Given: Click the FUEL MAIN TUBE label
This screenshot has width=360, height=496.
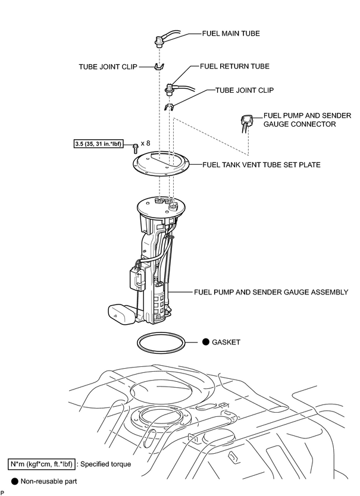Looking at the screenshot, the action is [231, 33].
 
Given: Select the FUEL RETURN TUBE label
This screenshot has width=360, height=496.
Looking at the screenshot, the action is [234, 67].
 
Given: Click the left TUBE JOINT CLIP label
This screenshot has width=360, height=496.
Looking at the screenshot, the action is [108, 67].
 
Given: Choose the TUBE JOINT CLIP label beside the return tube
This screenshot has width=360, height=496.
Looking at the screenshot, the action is [245, 90].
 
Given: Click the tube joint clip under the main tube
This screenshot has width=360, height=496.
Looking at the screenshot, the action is [159, 67].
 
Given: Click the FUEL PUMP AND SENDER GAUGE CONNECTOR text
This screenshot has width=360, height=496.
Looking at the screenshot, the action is [307, 120].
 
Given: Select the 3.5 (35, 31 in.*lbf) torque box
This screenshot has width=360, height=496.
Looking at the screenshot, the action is [98, 145].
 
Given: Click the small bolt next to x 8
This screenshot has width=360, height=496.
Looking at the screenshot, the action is [136, 147].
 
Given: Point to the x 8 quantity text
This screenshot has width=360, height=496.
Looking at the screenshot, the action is [145, 143].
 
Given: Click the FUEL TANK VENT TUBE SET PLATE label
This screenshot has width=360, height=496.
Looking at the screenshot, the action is [261, 165].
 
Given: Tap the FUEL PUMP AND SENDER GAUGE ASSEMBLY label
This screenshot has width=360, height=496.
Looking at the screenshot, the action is [271, 292].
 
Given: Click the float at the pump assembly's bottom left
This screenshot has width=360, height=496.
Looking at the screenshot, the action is [121, 314].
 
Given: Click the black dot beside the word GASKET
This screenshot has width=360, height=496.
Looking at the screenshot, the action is [206, 341].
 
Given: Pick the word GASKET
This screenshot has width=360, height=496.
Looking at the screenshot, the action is [226, 343].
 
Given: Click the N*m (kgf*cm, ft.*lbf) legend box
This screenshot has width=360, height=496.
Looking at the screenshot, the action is [42, 464].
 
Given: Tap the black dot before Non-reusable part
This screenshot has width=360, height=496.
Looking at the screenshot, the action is [15, 482].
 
